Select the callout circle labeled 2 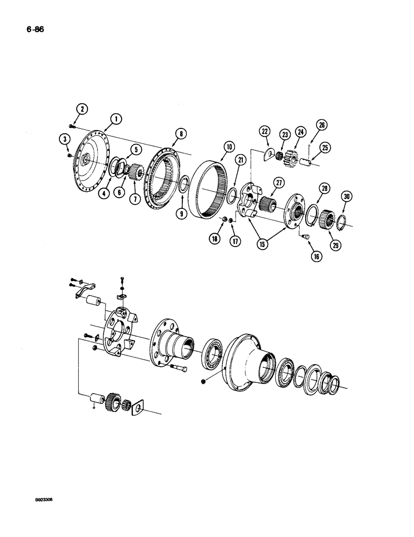(82, 109)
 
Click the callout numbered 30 (347, 197)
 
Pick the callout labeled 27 (278, 182)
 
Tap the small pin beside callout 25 (313, 159)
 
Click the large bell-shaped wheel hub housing (250, 365)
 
